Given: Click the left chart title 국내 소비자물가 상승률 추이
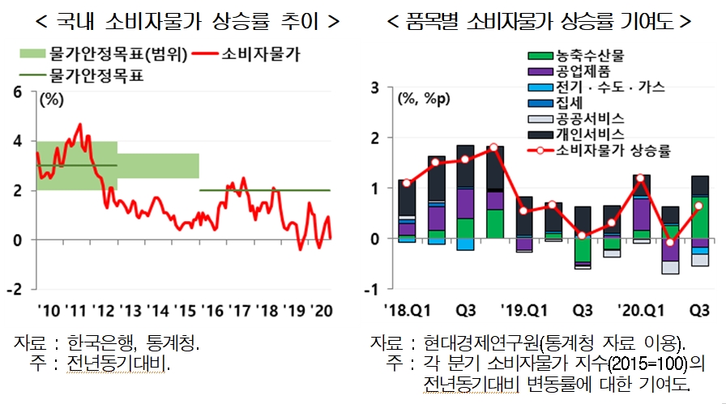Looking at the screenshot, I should tap(176, 20).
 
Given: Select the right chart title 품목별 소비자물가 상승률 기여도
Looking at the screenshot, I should tap(540, 20).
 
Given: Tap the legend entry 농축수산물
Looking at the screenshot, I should tap(591, 57).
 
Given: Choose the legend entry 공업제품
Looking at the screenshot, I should tap(583, 72).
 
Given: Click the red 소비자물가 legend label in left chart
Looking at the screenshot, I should tap(261, 55).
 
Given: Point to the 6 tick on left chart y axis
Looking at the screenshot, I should tap(18, 91).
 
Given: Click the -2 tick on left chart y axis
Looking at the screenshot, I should tap(15, 290).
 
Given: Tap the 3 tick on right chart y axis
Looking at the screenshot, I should tap(376, 87).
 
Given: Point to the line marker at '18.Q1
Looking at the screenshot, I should tap(407, 183).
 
